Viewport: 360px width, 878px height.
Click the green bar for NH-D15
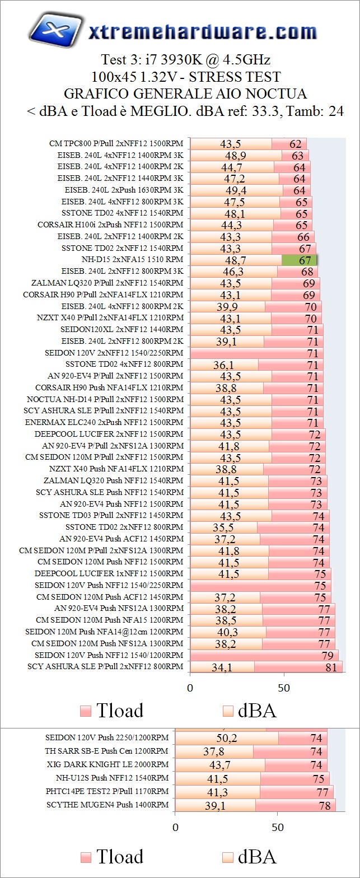point(300,260)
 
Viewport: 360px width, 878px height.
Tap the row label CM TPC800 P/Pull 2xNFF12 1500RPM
point(116,143)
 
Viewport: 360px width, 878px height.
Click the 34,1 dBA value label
point(222,667)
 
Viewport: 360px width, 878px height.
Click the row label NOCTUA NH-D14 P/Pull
point(105,399)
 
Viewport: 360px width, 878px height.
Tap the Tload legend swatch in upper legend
point(86,711)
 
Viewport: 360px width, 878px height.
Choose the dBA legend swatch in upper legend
point(228,711)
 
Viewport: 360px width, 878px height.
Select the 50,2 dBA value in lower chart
point(227,738)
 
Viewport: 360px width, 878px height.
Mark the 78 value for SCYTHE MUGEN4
point(324,805)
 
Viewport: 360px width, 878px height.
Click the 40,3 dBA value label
point(228,632)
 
